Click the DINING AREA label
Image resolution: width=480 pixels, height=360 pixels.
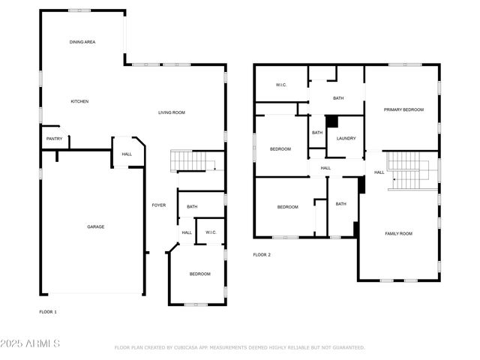pyautogui.click(x=82, y=43)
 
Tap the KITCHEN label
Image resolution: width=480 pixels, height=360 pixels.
pyautogui.click(x=80, y=101)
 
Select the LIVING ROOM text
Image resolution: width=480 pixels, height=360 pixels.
pyautogui.click(x=171, y=112)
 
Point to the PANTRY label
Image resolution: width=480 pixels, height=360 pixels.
pyautogui.click(x=55, y=139)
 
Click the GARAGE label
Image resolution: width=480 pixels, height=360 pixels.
pyautogui.click(x=95, y=226)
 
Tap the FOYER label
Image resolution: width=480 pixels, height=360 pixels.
pyautogui.click(x=159, y=205)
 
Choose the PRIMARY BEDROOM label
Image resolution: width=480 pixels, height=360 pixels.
pyautogui.click(x=403, y=109)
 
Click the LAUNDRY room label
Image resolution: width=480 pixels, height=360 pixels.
pyautogui.click(x=346, y=138)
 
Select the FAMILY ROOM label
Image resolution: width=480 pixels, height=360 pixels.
pyautogui.click(x=398, y=233)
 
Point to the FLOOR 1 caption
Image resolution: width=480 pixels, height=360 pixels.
pyautogui.click(x=48, y=311)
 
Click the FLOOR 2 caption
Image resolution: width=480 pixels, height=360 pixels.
pyautogui.click(x=262, y=255)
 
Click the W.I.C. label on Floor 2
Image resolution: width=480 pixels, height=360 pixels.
pyautogui.click(x=280, y=85)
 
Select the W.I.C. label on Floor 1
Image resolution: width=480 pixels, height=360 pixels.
pyautogui.click(x=211, y=232)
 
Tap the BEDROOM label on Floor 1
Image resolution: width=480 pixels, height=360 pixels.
pyautogui.click(x=199, y=274)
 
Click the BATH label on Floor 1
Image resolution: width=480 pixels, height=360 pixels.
pyautogui.click(x=192, y=207)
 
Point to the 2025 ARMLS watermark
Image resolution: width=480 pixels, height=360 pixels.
pyautogui.click(x=31, y=343)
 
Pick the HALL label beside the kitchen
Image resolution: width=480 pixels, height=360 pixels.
pyautogui.click(x=127, y=154)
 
